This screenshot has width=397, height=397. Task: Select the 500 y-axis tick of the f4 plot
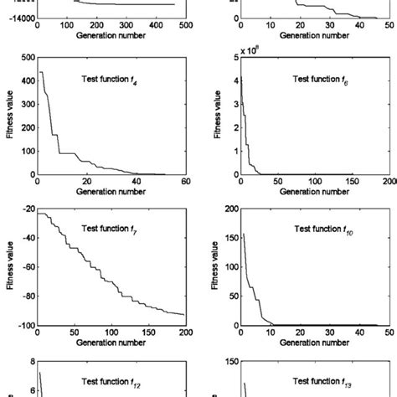coord(26,58)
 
